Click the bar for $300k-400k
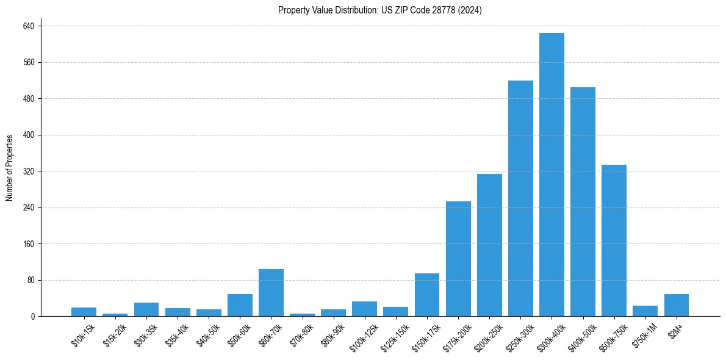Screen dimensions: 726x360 tap(552, 175)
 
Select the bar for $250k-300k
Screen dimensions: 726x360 tap(520, 198)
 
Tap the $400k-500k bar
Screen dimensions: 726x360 tap(583, 202)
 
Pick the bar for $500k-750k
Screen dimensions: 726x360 tap(614, 240)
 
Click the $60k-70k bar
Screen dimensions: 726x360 tap(271, 293)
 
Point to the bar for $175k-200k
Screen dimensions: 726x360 tap(458, 259)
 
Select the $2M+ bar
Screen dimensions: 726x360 tap(676, 305)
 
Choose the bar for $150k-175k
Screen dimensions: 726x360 tap(427, 295)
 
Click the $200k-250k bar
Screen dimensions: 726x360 tap(489, 245)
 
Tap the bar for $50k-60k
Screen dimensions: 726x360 tap(240, 305)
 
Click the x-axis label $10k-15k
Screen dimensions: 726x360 tap(84, 336)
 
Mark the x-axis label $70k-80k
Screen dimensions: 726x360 tap(302, 336)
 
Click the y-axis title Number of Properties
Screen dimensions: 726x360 tap(10, 168)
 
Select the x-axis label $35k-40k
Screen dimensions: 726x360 tap(178, 336)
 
